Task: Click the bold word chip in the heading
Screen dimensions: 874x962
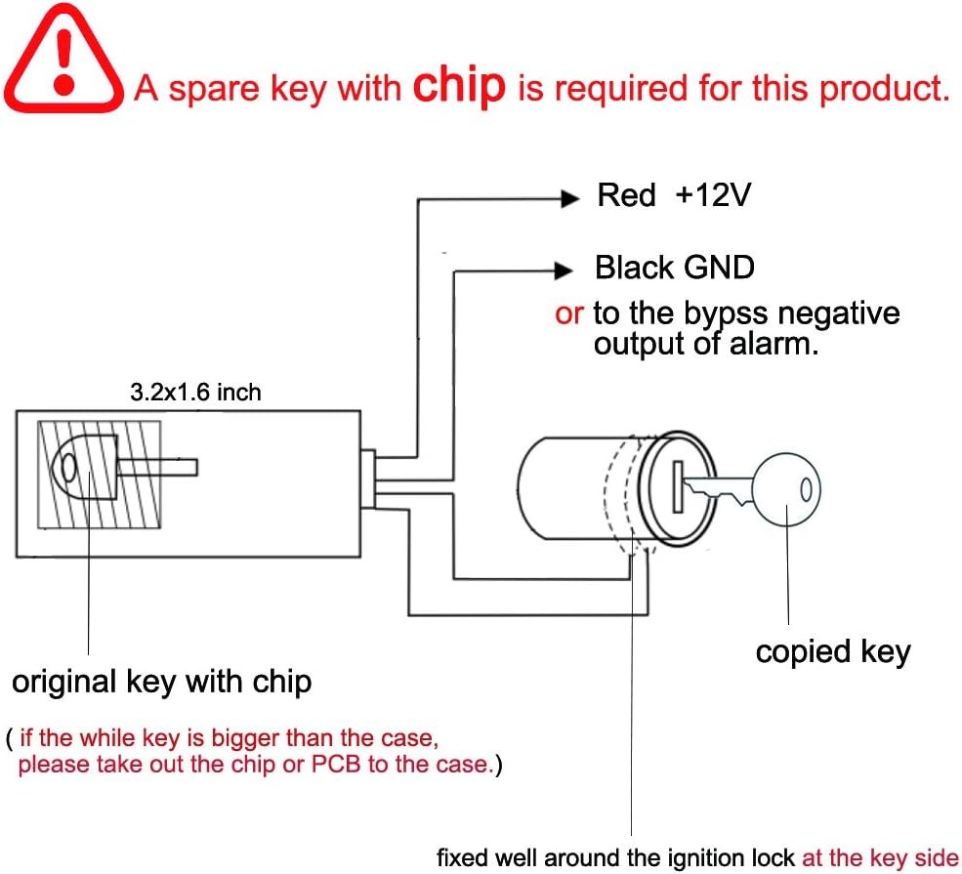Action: (x=459, y=85)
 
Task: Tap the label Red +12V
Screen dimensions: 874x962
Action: (x=674, y=195)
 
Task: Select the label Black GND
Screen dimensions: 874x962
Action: (x=675, y=268)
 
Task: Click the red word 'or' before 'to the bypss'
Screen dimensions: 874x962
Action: (x=569, y=314)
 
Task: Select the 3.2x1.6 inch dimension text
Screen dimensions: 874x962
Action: (x=195, y=393)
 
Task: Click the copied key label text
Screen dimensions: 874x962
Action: (x=832, y=651)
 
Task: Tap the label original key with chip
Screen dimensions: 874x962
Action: (x=161, y=681)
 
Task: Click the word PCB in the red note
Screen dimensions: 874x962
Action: (x=335, y=764)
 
